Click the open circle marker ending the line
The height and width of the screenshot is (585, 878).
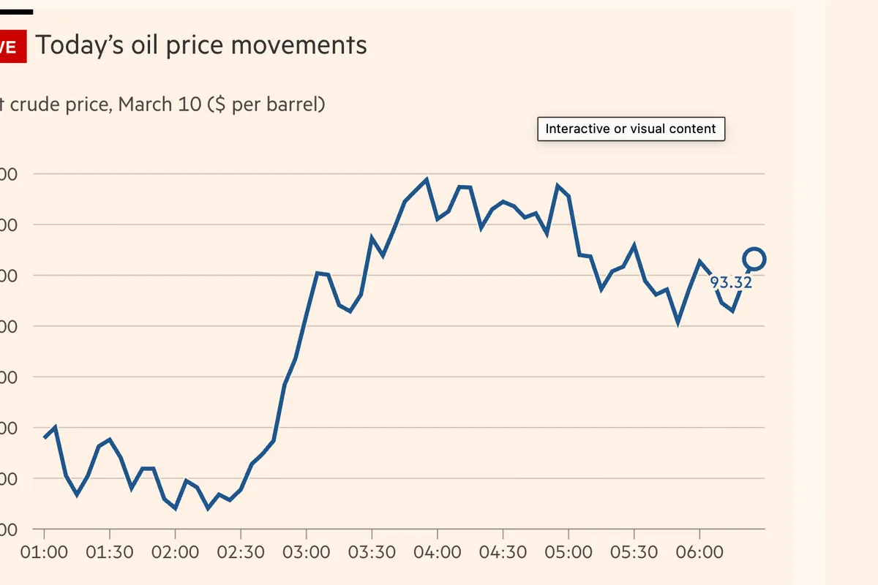tap(754, 258)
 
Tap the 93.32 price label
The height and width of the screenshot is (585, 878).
tap(731, 282)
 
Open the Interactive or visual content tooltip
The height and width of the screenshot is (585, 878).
tap(631, 129)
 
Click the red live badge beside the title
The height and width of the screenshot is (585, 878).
tap(11, 47)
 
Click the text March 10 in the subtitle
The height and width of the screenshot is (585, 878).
tap(159, 105)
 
